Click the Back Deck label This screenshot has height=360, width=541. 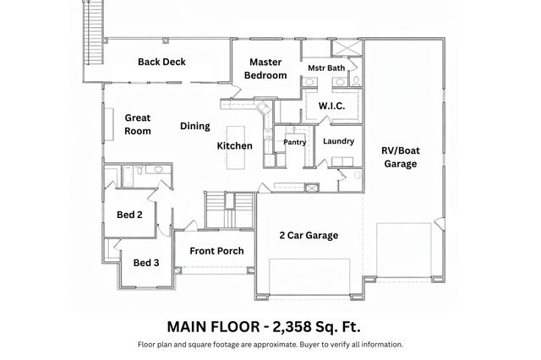tap(161, 62)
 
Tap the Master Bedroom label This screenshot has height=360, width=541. tap(265, 68)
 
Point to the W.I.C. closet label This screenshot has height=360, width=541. tap(331, 106)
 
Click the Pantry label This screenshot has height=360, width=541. tap(294, 142)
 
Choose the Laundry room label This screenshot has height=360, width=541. tap(338, 141)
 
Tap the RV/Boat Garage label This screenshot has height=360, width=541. tap(401, 157)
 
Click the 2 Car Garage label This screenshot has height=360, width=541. tap(309, 236)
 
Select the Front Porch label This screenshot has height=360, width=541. tap(216, 251)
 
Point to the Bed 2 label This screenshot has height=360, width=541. tap(129, 215)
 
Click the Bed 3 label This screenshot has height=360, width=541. tap(146, 263)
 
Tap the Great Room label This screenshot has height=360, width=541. tap(138, 124)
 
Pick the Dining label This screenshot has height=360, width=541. tap(194, 126)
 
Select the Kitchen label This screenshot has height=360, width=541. tap(234, 145)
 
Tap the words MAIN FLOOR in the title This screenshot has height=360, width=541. tap(214, 325)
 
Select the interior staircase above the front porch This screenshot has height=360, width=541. tap(231, 205)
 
